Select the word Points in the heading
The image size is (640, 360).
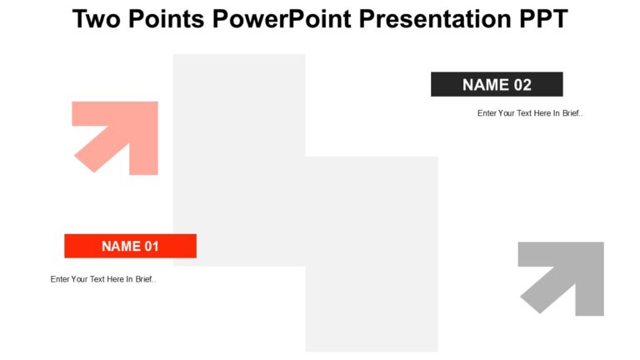click(167, 18)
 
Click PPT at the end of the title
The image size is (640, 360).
click(542, 18)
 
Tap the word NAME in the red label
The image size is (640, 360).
click(120, 246)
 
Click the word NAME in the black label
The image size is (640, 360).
click(486, 84)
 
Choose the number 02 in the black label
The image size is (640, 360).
click(522, 84)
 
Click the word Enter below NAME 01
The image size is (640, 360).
click(60, 279)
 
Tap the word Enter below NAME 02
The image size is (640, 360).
click(487, 113)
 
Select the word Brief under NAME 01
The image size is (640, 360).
click(144, 279)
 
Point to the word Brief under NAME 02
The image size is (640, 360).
click(572, 113)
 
